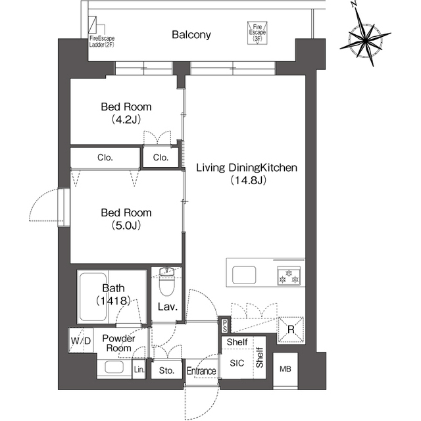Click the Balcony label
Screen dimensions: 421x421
191,35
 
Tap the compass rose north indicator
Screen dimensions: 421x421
355,4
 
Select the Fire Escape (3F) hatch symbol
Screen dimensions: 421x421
257,33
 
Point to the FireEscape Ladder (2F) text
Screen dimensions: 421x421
102,41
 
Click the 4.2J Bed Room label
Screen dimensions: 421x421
126,113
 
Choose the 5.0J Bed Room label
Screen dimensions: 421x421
126,219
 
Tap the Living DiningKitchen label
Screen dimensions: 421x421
247,174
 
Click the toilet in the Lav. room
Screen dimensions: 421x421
166,282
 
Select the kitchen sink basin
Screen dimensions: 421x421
244,275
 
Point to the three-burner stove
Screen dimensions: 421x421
289,276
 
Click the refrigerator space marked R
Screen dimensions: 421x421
291,330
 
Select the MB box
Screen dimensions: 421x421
285,370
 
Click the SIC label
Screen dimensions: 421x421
237,363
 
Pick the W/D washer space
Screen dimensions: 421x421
81,341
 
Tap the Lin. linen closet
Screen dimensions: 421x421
139,370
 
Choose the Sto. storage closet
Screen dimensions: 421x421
166,370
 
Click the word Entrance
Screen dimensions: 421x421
201,371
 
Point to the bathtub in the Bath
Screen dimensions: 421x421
93,297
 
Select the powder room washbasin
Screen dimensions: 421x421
114,367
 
